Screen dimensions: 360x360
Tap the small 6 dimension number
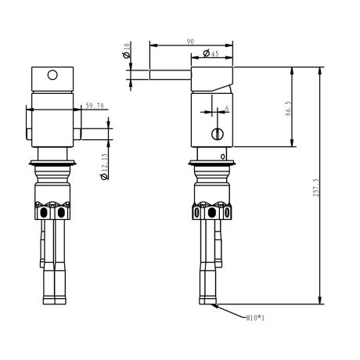tap(227, 109)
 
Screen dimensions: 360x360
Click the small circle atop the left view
tap(53, 76)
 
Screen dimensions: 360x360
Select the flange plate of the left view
tap(52, 163)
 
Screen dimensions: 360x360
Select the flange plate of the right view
tap(212, 163)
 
